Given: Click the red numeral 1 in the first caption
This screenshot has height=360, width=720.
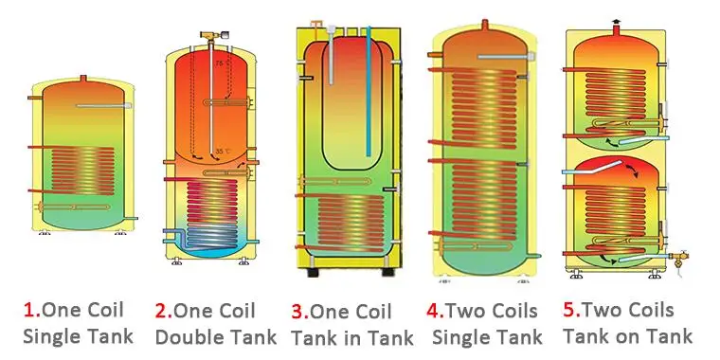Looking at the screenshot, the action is [x=28, y=311].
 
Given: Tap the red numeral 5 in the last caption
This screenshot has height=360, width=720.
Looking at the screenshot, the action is [x=569, y=310].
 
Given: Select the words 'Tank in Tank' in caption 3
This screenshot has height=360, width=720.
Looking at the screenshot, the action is [x=352, y=336].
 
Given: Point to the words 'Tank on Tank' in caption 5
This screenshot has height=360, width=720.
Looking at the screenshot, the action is [x=627, y=335].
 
